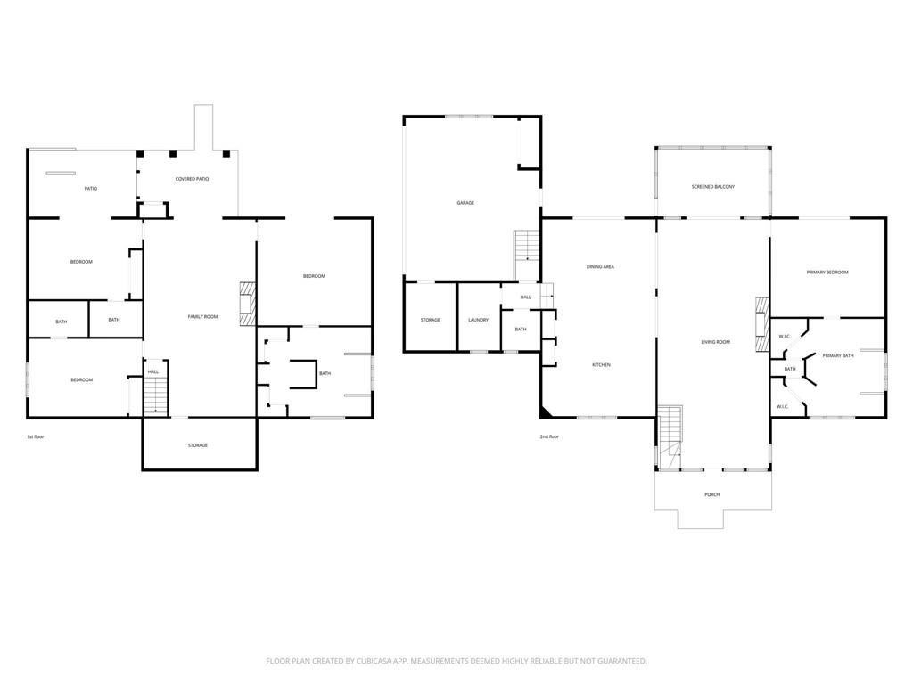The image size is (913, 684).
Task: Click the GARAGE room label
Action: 465,203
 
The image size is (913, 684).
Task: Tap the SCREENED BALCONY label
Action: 712,187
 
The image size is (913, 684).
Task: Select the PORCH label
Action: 711,495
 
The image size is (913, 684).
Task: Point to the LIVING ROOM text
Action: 715,343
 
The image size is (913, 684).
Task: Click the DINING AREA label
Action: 600,267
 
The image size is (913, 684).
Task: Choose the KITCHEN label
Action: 601,365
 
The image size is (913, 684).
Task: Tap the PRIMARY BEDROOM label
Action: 827,273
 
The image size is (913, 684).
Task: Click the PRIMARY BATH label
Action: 837,356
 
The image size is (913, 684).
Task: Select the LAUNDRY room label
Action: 478,321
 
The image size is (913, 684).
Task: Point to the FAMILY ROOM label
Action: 202,317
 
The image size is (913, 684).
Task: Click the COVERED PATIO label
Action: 192,179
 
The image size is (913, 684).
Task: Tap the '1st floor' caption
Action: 35,436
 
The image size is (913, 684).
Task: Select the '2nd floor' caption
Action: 549,436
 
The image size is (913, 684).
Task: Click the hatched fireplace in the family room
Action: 248,305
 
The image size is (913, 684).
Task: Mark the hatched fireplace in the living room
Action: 763,324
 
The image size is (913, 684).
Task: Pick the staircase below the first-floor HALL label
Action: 155,395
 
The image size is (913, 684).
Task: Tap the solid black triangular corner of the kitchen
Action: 545,411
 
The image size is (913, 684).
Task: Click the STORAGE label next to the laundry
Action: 431,321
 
